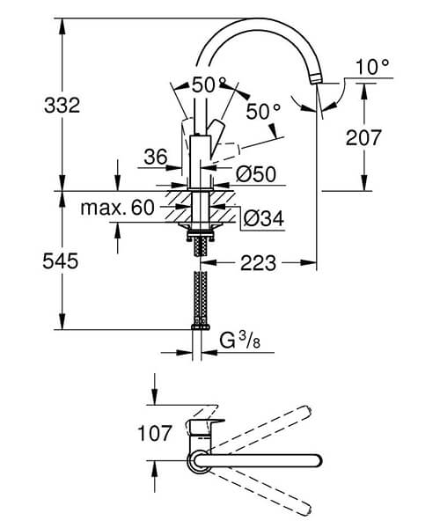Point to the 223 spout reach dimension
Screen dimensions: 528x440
point(257,262)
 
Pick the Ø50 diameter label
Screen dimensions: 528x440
point(254,175)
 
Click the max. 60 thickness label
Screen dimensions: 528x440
point(117,208)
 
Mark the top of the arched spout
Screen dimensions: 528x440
point(255,19)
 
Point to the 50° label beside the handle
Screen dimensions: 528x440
point(263,111)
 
